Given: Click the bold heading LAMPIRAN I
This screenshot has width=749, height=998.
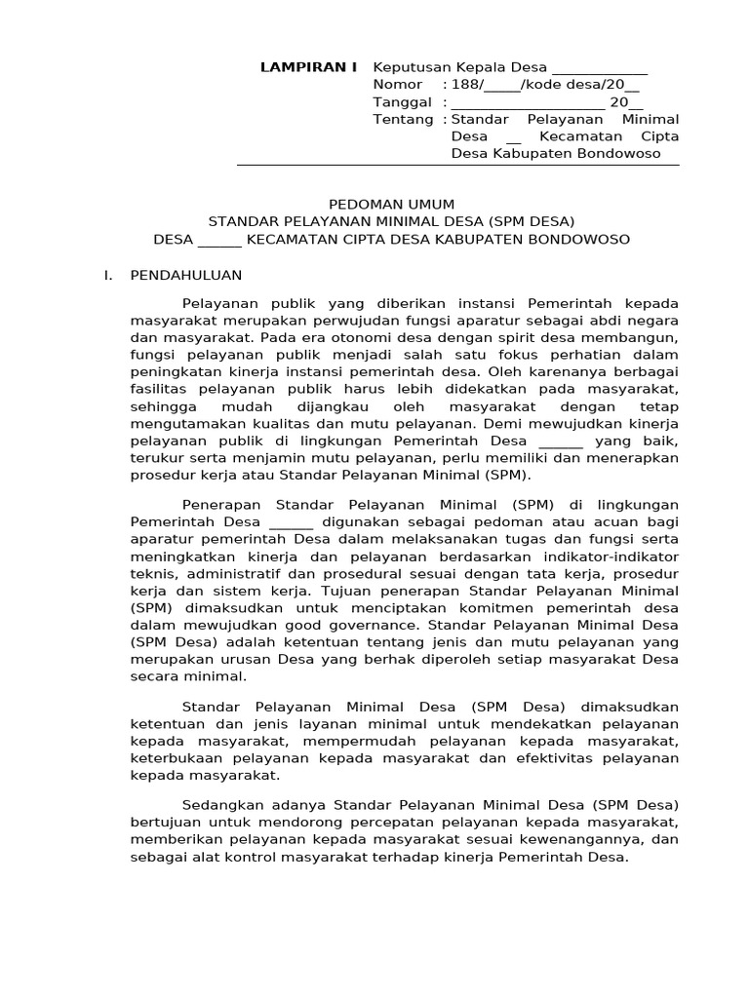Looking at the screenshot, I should coord(308,67).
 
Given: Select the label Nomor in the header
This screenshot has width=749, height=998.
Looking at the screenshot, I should coord(398,85).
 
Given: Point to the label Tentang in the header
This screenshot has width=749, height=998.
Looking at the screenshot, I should coord(403,119).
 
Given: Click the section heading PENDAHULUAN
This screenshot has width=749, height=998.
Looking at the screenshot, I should coord(185,276).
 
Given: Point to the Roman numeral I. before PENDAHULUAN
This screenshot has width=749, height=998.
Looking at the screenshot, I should coord(108,276).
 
